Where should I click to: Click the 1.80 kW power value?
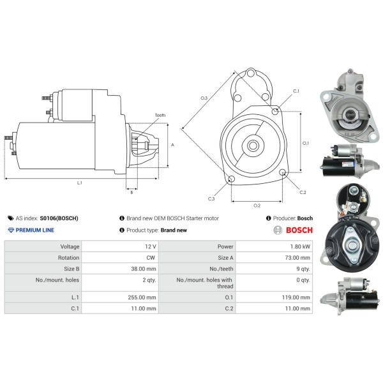tap(300, 246)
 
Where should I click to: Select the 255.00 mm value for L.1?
tap(142, 297)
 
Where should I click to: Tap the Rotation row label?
tap(69, 258)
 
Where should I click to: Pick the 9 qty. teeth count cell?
tap(303, 269)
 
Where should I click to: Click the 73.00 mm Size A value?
tap(297, 258)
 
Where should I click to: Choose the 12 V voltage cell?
tap(151, 246)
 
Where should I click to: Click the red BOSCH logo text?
tap(299, 230)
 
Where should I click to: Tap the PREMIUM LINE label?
tap(35, 230)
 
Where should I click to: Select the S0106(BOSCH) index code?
tap(59, 218)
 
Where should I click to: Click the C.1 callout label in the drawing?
tap(296, 91)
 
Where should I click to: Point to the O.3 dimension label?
tap(204, 98)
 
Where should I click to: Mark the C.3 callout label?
tap(211, 199)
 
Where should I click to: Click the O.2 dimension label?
tap(257, 206)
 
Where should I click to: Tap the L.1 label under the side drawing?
tap(80, 183)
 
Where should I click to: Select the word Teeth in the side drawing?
tap(160, 115)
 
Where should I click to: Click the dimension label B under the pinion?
tap(131, 193)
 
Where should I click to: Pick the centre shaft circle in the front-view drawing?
tap(253, 146)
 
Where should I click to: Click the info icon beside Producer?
tap(269, 218)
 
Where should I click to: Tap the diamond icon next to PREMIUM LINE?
tap(11, 230)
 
